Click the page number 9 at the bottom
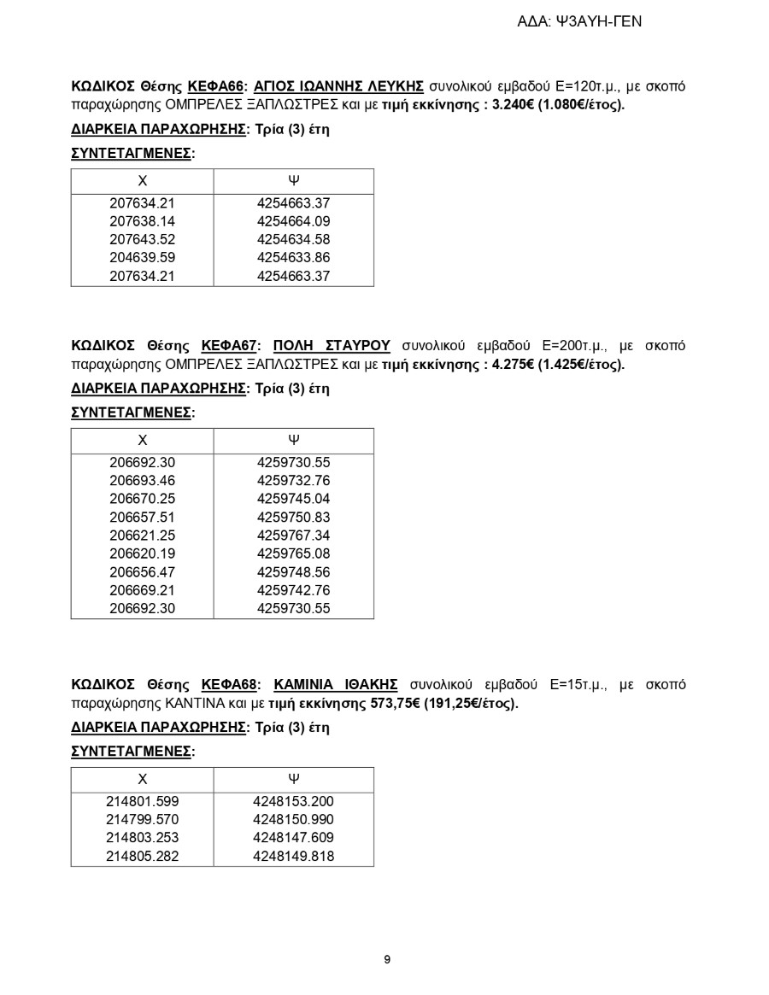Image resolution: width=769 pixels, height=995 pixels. (x=387, y=959)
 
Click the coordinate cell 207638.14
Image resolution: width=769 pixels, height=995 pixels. (x=143, y=221)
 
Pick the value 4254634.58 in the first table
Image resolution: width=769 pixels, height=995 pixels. (x=293, y=239)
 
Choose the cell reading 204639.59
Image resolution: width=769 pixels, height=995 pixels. (x=143, y=258)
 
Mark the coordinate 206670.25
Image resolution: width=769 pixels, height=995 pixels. (x=143, y=499)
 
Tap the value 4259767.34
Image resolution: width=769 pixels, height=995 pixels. (x=293, y=536)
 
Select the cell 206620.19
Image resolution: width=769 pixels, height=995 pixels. (x=143, y=553)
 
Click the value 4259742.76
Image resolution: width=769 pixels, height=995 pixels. (x=293, y=590)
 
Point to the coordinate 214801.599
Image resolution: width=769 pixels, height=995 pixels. (x=143, y=801)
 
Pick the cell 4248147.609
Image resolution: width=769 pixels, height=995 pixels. (x=293, y=838)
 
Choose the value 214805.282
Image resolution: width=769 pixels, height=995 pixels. (x=143, y=856)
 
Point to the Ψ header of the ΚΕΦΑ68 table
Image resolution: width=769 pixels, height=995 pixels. (x=293, y=779)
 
